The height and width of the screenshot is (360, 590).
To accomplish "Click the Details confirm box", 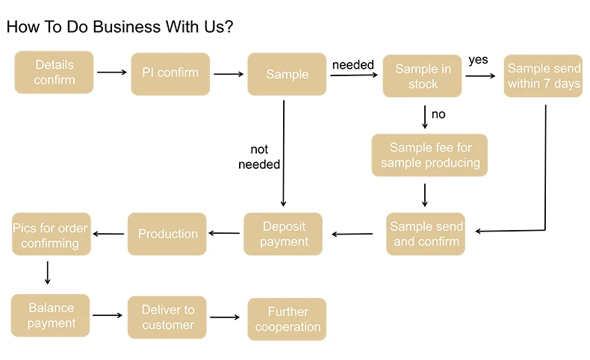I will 54,72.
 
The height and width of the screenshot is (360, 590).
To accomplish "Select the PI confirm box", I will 170,73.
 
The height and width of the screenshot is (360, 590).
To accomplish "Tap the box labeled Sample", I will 287,74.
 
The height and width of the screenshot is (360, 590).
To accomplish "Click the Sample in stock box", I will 423,76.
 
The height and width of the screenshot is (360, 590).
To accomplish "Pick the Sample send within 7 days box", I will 544,76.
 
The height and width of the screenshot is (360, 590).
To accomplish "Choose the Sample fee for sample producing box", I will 429,155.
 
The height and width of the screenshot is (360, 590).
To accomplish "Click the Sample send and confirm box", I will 426,234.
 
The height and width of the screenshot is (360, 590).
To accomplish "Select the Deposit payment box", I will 284,234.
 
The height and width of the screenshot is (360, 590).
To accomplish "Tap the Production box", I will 167,234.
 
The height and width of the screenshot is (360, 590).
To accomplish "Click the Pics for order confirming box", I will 51,235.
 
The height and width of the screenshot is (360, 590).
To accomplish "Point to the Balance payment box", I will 51,315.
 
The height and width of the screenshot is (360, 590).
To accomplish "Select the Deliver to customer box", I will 167,317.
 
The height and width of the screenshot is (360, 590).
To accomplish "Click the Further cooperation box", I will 288,319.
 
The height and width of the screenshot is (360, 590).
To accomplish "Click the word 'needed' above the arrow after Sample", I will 353,65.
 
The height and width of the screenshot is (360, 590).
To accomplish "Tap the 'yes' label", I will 478,60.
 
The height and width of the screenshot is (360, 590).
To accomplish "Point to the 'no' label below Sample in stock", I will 438,114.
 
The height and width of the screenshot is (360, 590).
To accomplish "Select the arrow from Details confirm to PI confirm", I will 112,72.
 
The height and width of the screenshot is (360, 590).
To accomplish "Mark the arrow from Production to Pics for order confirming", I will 109,234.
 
